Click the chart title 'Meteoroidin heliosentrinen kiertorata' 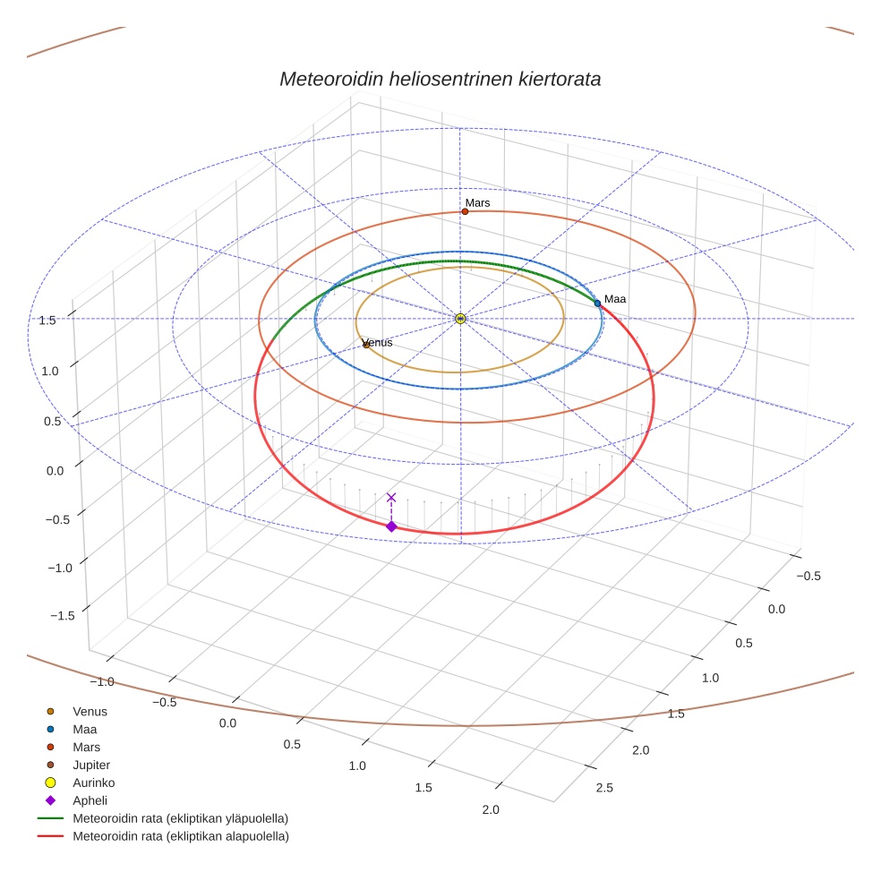[x=440, y=79]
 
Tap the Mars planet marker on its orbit [x=465, y=211]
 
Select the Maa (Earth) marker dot [x=597, y=304]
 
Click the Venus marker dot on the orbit [x=365, y=345]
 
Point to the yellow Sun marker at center [x=460, y=319]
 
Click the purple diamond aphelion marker [x=391, y=526]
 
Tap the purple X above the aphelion [x=391, y=497]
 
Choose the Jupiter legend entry [x=90, y=765]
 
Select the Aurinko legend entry [x=93, y=783]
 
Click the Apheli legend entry [x=90, y=800]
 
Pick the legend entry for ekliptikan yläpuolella [x=180, y=818]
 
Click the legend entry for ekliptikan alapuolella [x=180, y=836]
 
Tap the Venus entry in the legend [x=90, y=712]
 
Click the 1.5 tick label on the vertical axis [x=47, y=320]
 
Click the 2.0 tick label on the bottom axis [x=490, y=810]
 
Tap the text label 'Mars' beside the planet [x=477, y=203]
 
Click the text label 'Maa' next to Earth [x=614, y=299]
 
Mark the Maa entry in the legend [x=84, y=730]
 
